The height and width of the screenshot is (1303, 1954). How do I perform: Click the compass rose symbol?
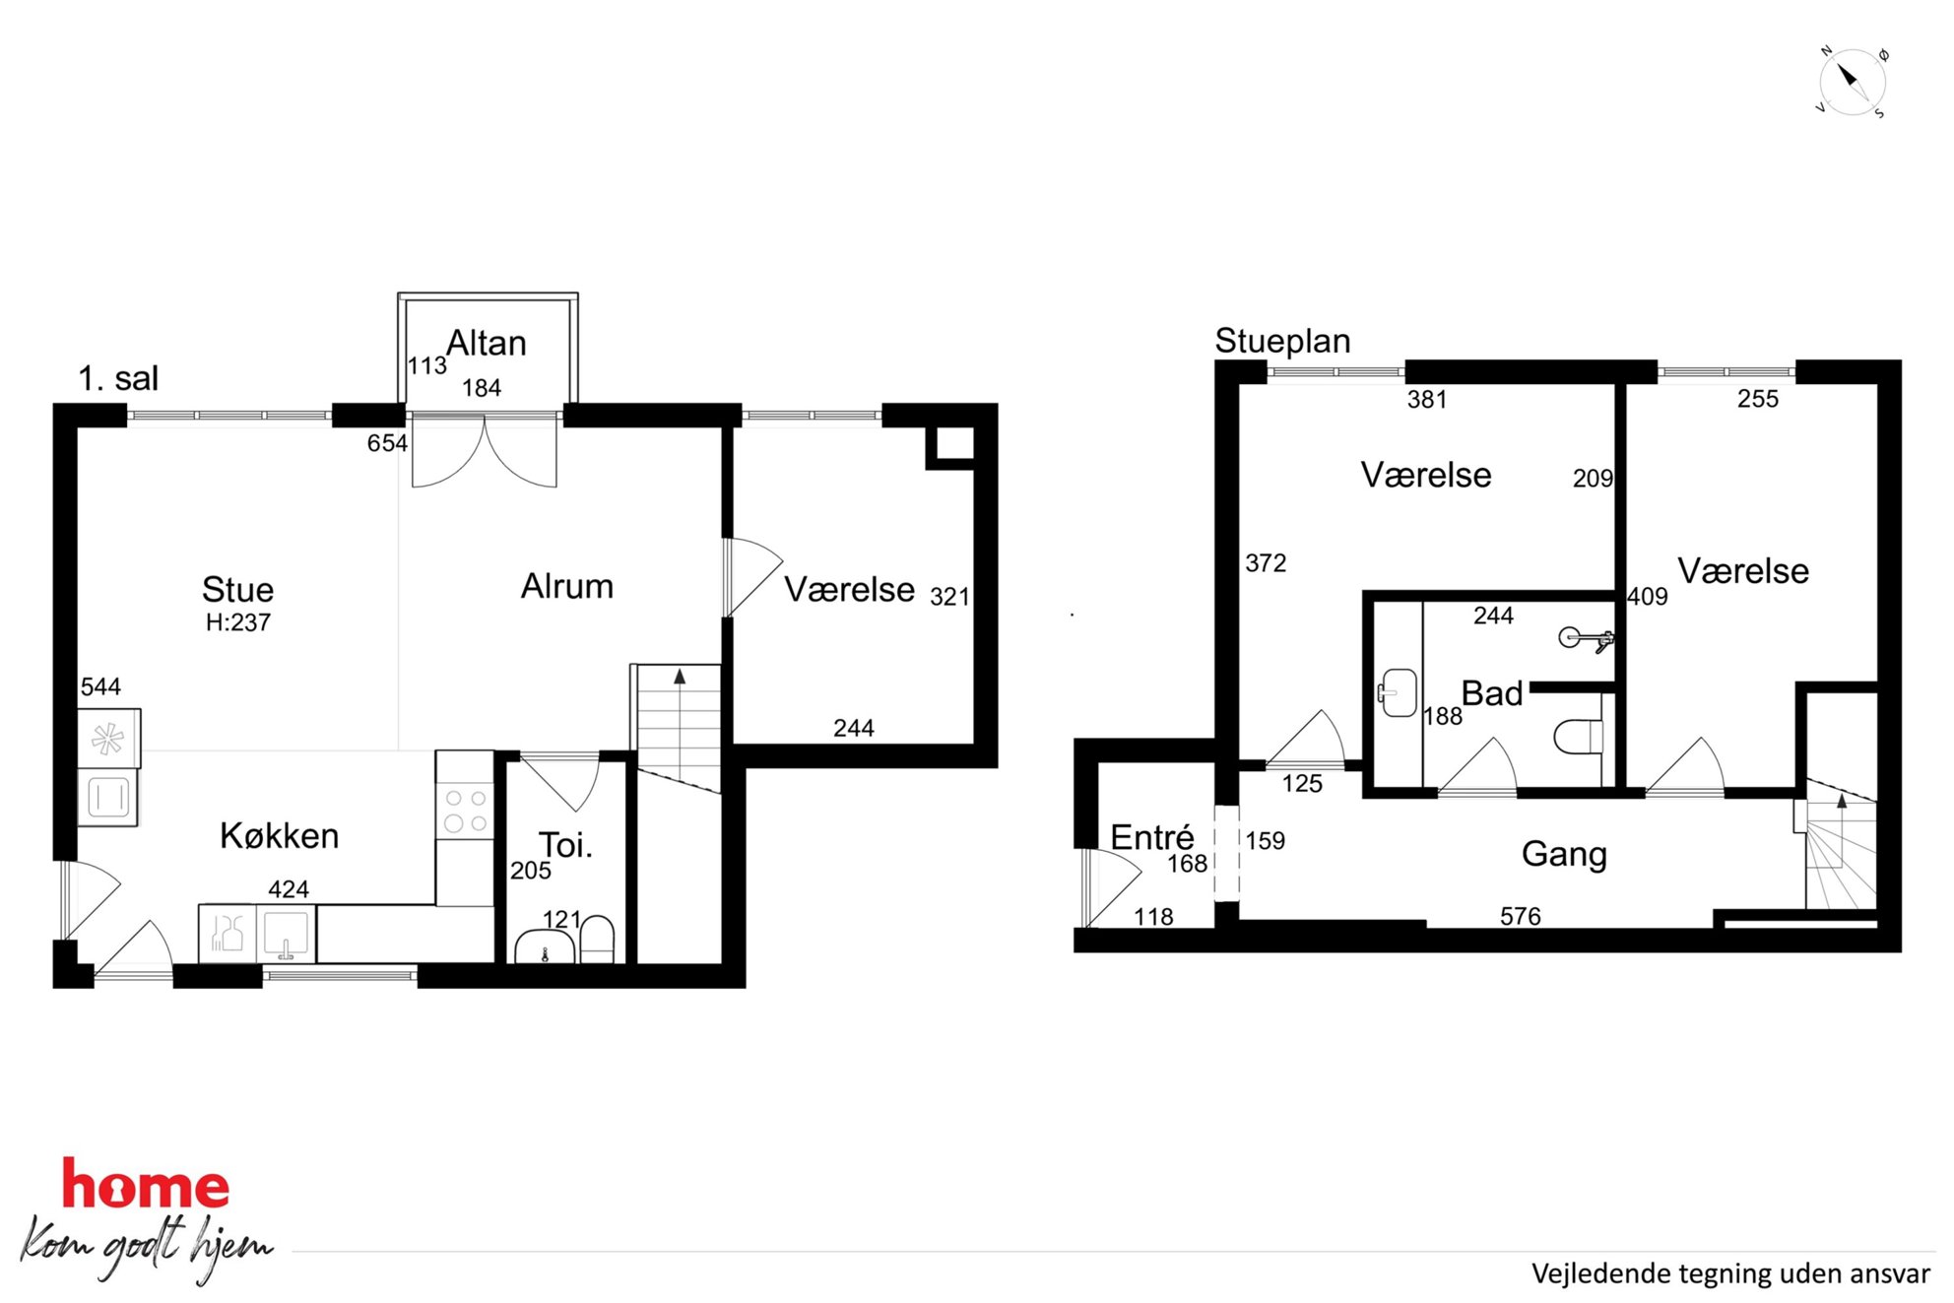pos(1851,82)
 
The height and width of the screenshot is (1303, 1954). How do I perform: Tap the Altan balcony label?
pos(487,343)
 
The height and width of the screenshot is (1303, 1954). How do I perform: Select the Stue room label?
pos(237,589)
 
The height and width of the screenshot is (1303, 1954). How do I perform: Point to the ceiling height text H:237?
pos(237,622)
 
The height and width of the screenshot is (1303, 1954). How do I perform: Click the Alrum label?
pos(567,586)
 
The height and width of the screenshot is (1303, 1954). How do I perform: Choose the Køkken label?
pos(280,835)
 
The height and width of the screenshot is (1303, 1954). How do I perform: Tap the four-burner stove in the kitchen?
pos(466,811)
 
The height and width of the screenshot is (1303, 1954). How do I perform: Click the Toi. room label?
pos(565,845)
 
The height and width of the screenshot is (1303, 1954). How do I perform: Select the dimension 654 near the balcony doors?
pos(387,443)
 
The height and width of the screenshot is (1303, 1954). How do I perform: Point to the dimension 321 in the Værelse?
pos(949,597)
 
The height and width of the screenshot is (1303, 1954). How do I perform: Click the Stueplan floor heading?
pos(1282,341)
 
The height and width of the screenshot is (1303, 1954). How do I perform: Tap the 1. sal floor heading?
pos(118,378)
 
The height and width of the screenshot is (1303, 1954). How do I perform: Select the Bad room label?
pos(1492,693)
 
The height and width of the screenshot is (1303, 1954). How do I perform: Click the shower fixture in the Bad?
pos(1586,639)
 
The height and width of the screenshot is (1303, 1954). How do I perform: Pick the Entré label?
pos(1152,837)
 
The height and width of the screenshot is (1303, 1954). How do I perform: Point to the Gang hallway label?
pos(1564,854)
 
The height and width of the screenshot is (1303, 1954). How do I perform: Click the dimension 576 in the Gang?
pos(1520,916)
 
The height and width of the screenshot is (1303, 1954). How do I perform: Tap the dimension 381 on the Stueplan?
pos(1427,399)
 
